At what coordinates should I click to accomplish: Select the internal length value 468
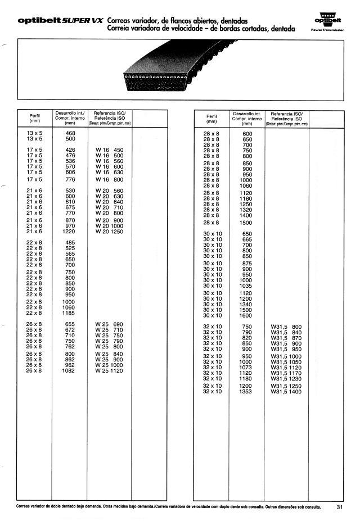70,132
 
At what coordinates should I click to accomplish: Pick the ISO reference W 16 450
109,150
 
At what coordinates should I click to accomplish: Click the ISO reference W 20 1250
109,232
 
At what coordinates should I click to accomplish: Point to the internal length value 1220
70,232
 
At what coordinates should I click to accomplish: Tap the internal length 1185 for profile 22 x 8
70,313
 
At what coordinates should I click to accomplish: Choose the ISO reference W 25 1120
109,371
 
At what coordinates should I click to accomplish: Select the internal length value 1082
70,371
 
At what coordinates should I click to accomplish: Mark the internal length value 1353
247,391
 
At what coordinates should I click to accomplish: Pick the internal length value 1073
247,367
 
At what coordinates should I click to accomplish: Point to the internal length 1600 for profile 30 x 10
247,315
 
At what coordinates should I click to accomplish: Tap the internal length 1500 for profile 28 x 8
247,223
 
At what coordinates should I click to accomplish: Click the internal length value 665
247,239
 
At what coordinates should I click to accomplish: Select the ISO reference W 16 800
109,179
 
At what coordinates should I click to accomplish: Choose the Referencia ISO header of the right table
286,116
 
